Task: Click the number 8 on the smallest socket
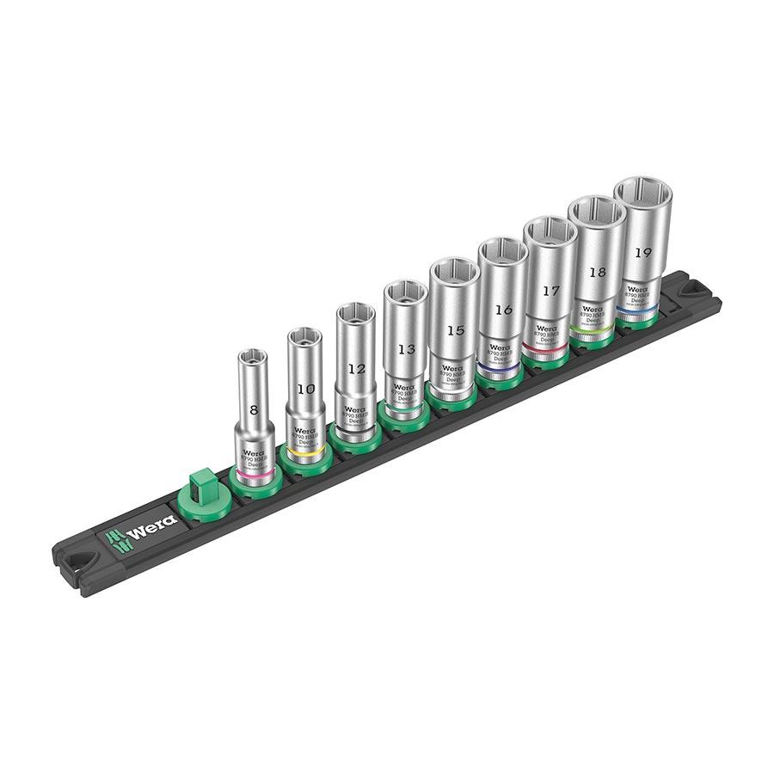click(x=253, y=411)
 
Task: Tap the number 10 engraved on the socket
click(x=305, y=389)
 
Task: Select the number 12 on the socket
click(x=357, y=369)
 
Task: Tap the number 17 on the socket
click(x=549, y=291)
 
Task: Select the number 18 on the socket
click(x=596, y=272)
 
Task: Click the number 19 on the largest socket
click(x=642, y=252)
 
